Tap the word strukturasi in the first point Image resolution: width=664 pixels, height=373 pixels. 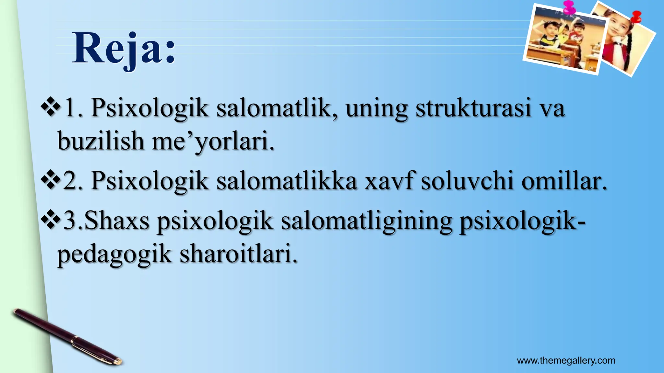pos(473,108)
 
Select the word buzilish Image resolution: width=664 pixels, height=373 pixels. pos(101,141)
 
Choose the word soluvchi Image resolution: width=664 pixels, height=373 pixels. pos(467,181)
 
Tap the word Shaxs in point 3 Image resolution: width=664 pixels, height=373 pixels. pos(117,221)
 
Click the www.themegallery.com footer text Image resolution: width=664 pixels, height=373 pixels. pos(566,360)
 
